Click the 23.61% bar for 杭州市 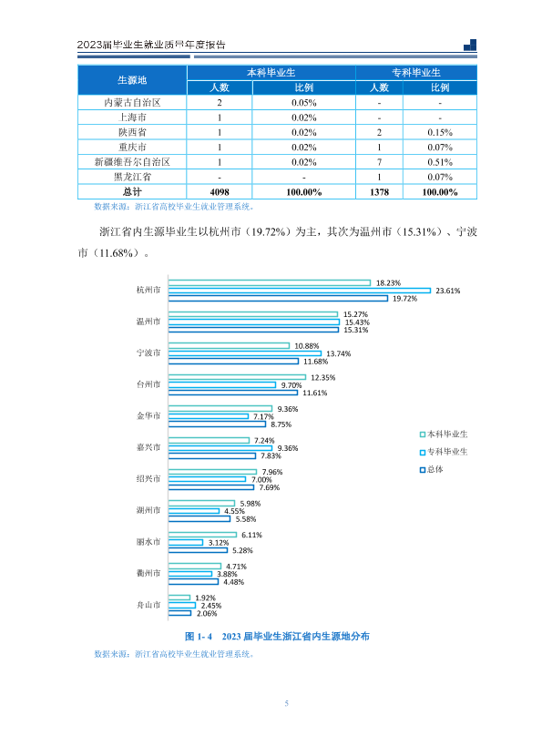300,291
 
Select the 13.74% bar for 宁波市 245,353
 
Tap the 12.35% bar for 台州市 237,377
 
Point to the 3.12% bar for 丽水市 186,543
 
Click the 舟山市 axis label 148,605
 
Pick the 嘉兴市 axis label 148,447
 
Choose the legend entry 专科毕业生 444,452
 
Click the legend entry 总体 431,469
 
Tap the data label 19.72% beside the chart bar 405,299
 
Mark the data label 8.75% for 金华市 281,424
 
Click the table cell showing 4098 220,192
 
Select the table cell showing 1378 379,192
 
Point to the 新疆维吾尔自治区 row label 132,162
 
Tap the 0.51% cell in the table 440,162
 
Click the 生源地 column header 132,80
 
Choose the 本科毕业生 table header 271,73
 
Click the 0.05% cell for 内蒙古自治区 304,103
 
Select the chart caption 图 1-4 199,637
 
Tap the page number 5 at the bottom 286,703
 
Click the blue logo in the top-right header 470,45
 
